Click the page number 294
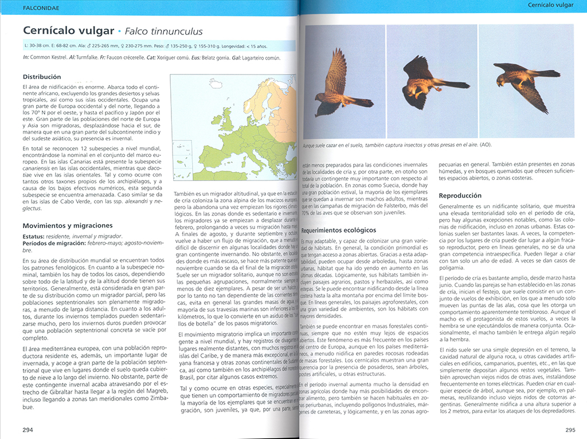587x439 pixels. tap(28, 430)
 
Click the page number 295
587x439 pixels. tap(570, 430)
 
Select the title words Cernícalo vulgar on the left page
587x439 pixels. tap(67, 31)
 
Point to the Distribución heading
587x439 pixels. tap(42, 76)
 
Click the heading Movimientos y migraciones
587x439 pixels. tap(68, 225)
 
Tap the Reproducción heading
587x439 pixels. tap(460, 195)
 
